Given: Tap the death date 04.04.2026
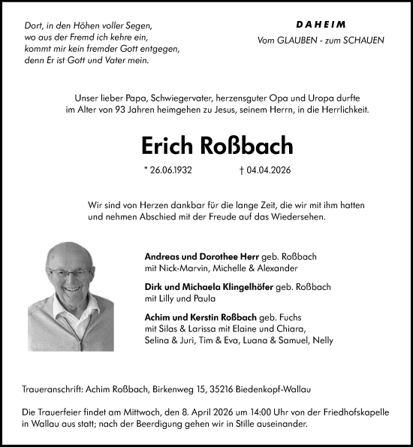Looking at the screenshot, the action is (x=267, y=171).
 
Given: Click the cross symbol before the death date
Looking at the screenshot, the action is (x=237, y=171).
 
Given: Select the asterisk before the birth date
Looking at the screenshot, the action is (x=144, y=170).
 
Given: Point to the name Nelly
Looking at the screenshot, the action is (x=323, y=340).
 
